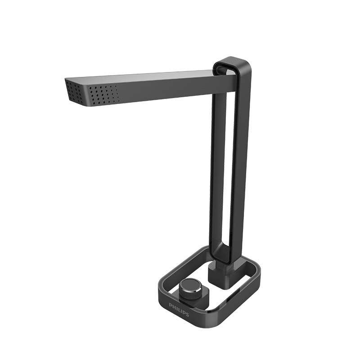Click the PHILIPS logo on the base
(179, 309)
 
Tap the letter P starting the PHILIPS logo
(171, 305)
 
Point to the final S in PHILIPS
(187, 314)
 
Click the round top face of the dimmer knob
(190, 285)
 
